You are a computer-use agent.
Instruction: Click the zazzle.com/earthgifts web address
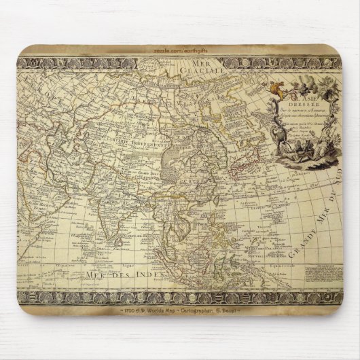(180, 52)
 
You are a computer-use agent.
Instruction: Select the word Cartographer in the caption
(200, 311)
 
